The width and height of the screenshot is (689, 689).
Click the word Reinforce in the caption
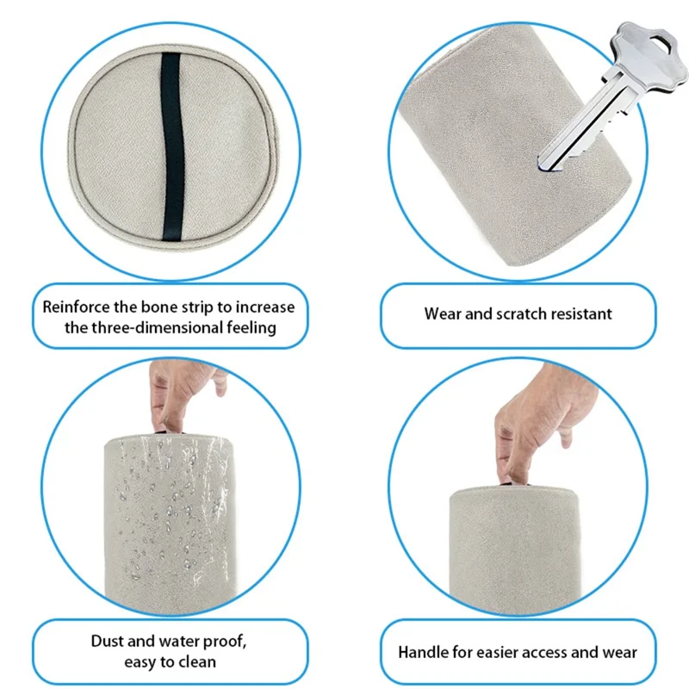[x=76, y=307]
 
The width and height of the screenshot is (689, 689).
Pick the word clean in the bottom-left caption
[x=197, y=661]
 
